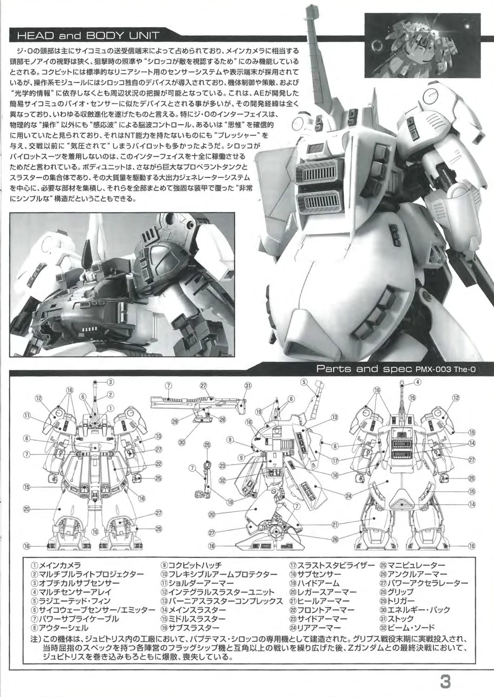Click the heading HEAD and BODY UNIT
pyautogui.click(x=88, y=35)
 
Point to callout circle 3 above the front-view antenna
pyautogui.click(x=110, y=382)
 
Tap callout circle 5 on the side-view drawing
pyautogui.click(x=304, y=382)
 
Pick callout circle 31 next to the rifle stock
pyautogui.click(x=248, y=386)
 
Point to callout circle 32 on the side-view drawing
pyautogui.click(x=222, y=480)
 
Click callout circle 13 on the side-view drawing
pyautogui.click(x=335, y=418)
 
